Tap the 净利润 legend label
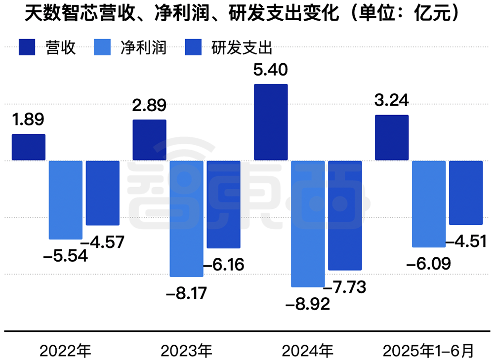pos(144,48)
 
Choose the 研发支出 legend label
pos(242,48)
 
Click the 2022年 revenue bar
pos(29,147)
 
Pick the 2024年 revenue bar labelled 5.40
pos(271,122)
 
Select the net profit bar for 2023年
pos(186,218)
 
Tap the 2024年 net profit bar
pos(307,224)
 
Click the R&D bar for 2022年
pos(103,193)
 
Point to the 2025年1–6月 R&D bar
pos(466,193)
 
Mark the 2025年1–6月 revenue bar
pos(392,138)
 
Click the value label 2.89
pos(149,106)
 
